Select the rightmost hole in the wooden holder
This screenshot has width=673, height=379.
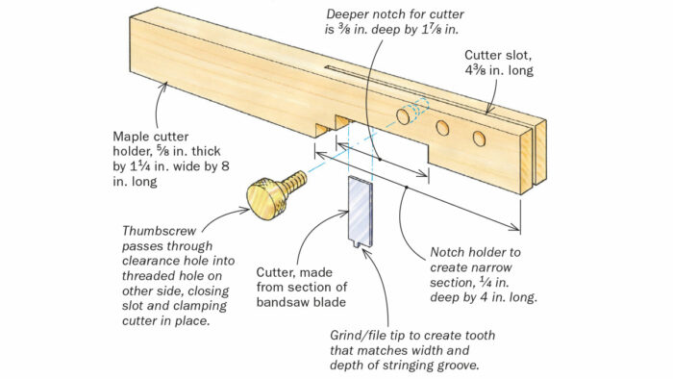(x=479, y=139)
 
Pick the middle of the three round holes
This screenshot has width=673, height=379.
(x=442, y=127)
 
